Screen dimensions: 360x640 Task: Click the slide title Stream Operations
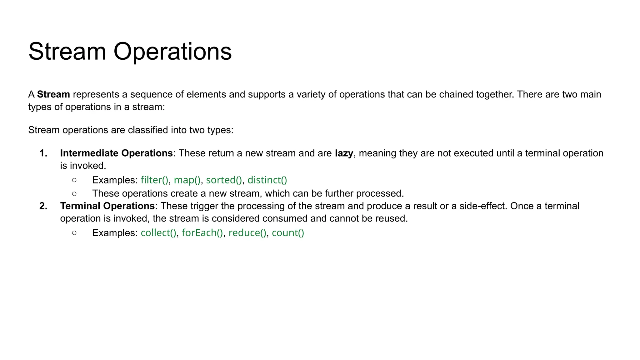point(130,52)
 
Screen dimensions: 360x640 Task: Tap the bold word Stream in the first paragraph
point(53,94)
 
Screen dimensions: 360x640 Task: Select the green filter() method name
point(154,180)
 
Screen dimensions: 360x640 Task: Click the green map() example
point(187,180)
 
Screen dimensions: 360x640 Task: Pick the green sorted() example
point(224,180)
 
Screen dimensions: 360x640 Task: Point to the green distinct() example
point(267,180)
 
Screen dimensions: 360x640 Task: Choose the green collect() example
point(158,233)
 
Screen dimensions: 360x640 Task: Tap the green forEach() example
point(202,233)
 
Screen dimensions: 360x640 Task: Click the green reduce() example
point(247,233)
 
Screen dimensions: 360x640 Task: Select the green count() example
point(288,233)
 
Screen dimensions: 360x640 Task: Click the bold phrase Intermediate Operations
point(116,153)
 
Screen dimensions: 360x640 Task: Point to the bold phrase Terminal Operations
point(107,206)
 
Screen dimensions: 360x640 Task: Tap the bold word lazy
point(344,153)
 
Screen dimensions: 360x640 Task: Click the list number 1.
point(43,153)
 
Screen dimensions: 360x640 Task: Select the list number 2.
point(43,206)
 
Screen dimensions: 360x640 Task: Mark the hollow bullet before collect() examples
point(74,233)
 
